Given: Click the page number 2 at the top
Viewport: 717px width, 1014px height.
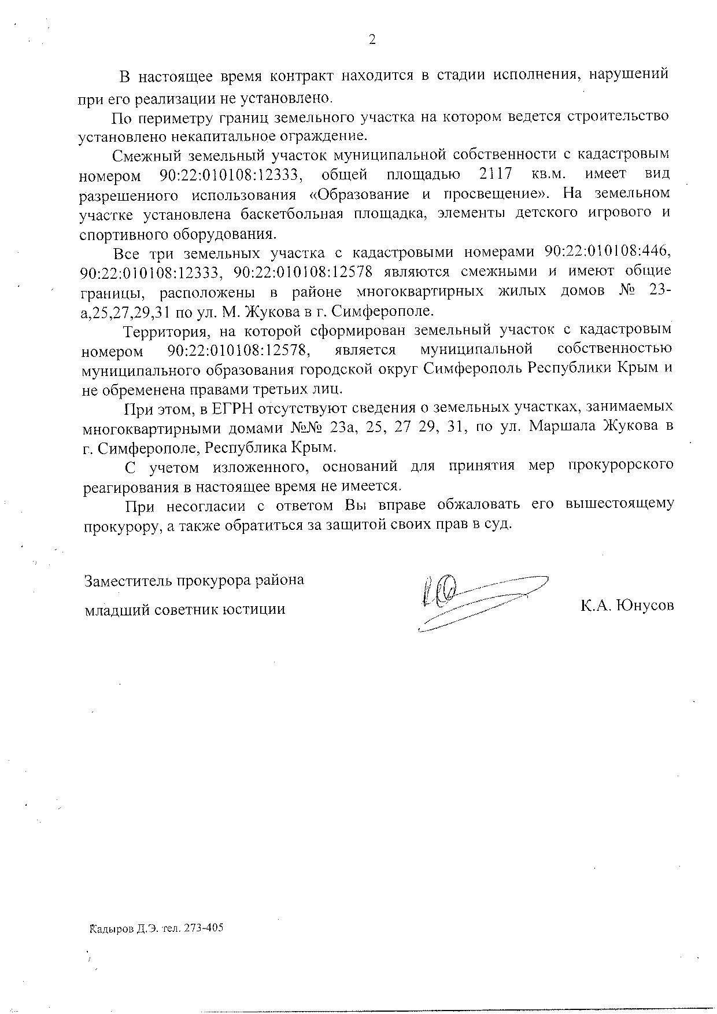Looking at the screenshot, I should pyautogui.click(x=372, y=40).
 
